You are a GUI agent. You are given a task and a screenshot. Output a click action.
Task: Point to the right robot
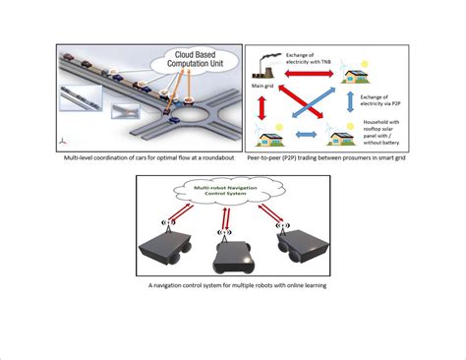click(x=304, y=240)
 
